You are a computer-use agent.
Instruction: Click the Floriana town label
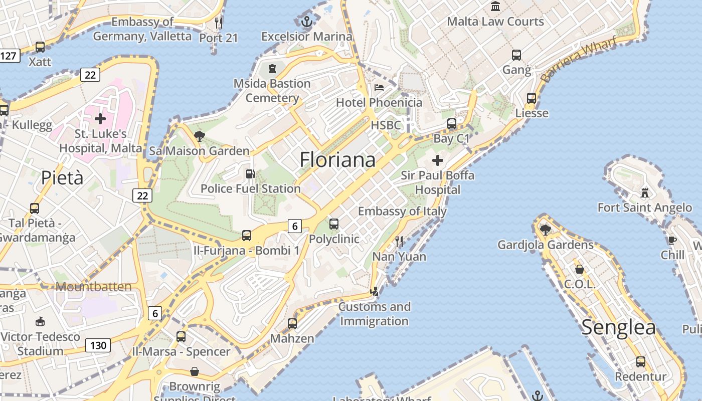tap(337, 159)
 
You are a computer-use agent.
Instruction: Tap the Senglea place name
tap(618, 327)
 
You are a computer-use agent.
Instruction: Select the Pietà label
tap(62, 177)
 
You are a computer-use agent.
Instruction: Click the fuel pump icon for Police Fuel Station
tap(250, 174)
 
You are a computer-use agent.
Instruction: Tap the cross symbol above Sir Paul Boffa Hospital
tap(438, 160)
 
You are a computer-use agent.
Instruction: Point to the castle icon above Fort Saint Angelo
tap(645, 192)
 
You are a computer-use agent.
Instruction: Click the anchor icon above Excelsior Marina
tap(307, 22)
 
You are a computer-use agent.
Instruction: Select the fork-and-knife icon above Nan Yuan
tap(399, 242)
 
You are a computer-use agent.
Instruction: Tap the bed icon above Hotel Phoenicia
tap(379, 88)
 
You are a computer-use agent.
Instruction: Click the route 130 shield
tap(98, 345)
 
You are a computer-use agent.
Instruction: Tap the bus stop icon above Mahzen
tap(292, 323)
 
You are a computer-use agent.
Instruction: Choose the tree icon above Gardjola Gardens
tap(545, 230)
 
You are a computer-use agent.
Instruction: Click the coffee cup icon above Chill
tap(672, 240)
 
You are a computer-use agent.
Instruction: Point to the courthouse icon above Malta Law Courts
tap(496, 7)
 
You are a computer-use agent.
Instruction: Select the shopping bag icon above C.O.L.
tap(580, 269)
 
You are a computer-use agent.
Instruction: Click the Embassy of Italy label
tap(402, 211)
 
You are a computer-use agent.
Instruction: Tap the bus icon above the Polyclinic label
tap(334, 224)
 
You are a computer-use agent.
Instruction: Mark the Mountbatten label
tap(94, 287)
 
